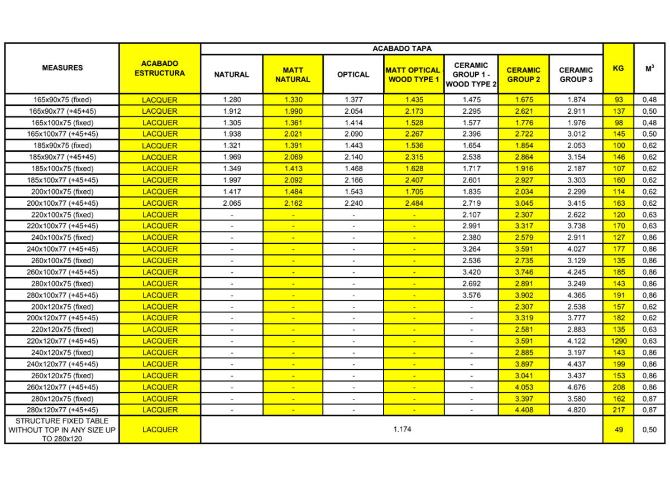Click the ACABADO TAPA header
coord(401,49)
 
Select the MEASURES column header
coord(62,68)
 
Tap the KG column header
coord(618,68)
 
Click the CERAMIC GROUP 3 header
coord(576,75)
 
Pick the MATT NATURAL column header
coord(293,75)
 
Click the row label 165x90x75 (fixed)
coord(62,100)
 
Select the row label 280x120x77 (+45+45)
coord(62,410)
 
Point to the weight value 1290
coord(618,341)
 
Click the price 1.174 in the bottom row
coord(401,430)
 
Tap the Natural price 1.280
coord(232,100)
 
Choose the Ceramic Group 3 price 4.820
coord(576,410)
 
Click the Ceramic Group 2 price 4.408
coord(524,410)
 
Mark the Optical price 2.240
coord(353,203)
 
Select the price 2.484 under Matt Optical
coord(414,203)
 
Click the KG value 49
coord(618,430)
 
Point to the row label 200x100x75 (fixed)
coord(62,191)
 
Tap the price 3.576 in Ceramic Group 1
coord(471,295)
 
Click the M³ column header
coord(649,68)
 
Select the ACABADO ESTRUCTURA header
coord(160,68)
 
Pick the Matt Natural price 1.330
coord(293,100)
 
